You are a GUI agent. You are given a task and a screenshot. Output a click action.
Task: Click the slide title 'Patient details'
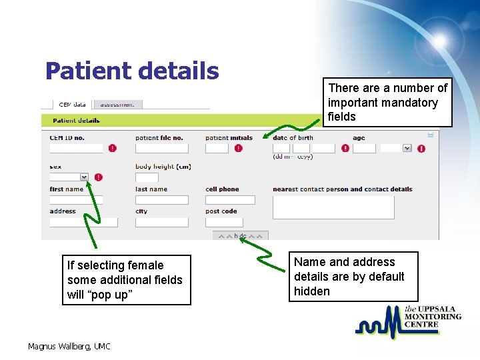coord(132,71)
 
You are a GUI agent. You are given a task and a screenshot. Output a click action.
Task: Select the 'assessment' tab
coord(117,104)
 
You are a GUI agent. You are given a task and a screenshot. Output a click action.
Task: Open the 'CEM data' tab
coord(72,104)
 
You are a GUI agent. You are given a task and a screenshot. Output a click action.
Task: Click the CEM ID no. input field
coord(76,148)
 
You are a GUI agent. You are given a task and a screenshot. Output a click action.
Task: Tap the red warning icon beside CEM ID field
coord(112,148)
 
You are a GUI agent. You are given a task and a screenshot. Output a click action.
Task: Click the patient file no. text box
coord(162,148)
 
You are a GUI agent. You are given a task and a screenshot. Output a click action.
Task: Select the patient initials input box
coord(217,148)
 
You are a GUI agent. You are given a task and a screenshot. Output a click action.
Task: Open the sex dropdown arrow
coord(84,177)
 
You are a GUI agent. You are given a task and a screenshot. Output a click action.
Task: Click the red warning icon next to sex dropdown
coord(99,177)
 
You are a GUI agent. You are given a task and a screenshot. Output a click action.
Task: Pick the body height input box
coord(147,177)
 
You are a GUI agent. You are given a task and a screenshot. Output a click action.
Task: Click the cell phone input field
coord(230,200)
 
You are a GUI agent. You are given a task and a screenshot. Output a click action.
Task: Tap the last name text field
coord(162,200)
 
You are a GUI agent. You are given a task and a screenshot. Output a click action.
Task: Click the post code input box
coord(230,222)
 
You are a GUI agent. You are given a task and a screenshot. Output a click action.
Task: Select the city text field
coord(162,222)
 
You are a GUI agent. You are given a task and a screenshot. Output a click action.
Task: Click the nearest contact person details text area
coord(333,207)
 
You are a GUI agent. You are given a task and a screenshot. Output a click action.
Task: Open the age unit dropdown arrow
coord(407,148)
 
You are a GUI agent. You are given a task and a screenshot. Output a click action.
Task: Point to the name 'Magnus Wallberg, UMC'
coord(69,346)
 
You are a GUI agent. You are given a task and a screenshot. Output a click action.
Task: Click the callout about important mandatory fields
coord(387,103)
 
